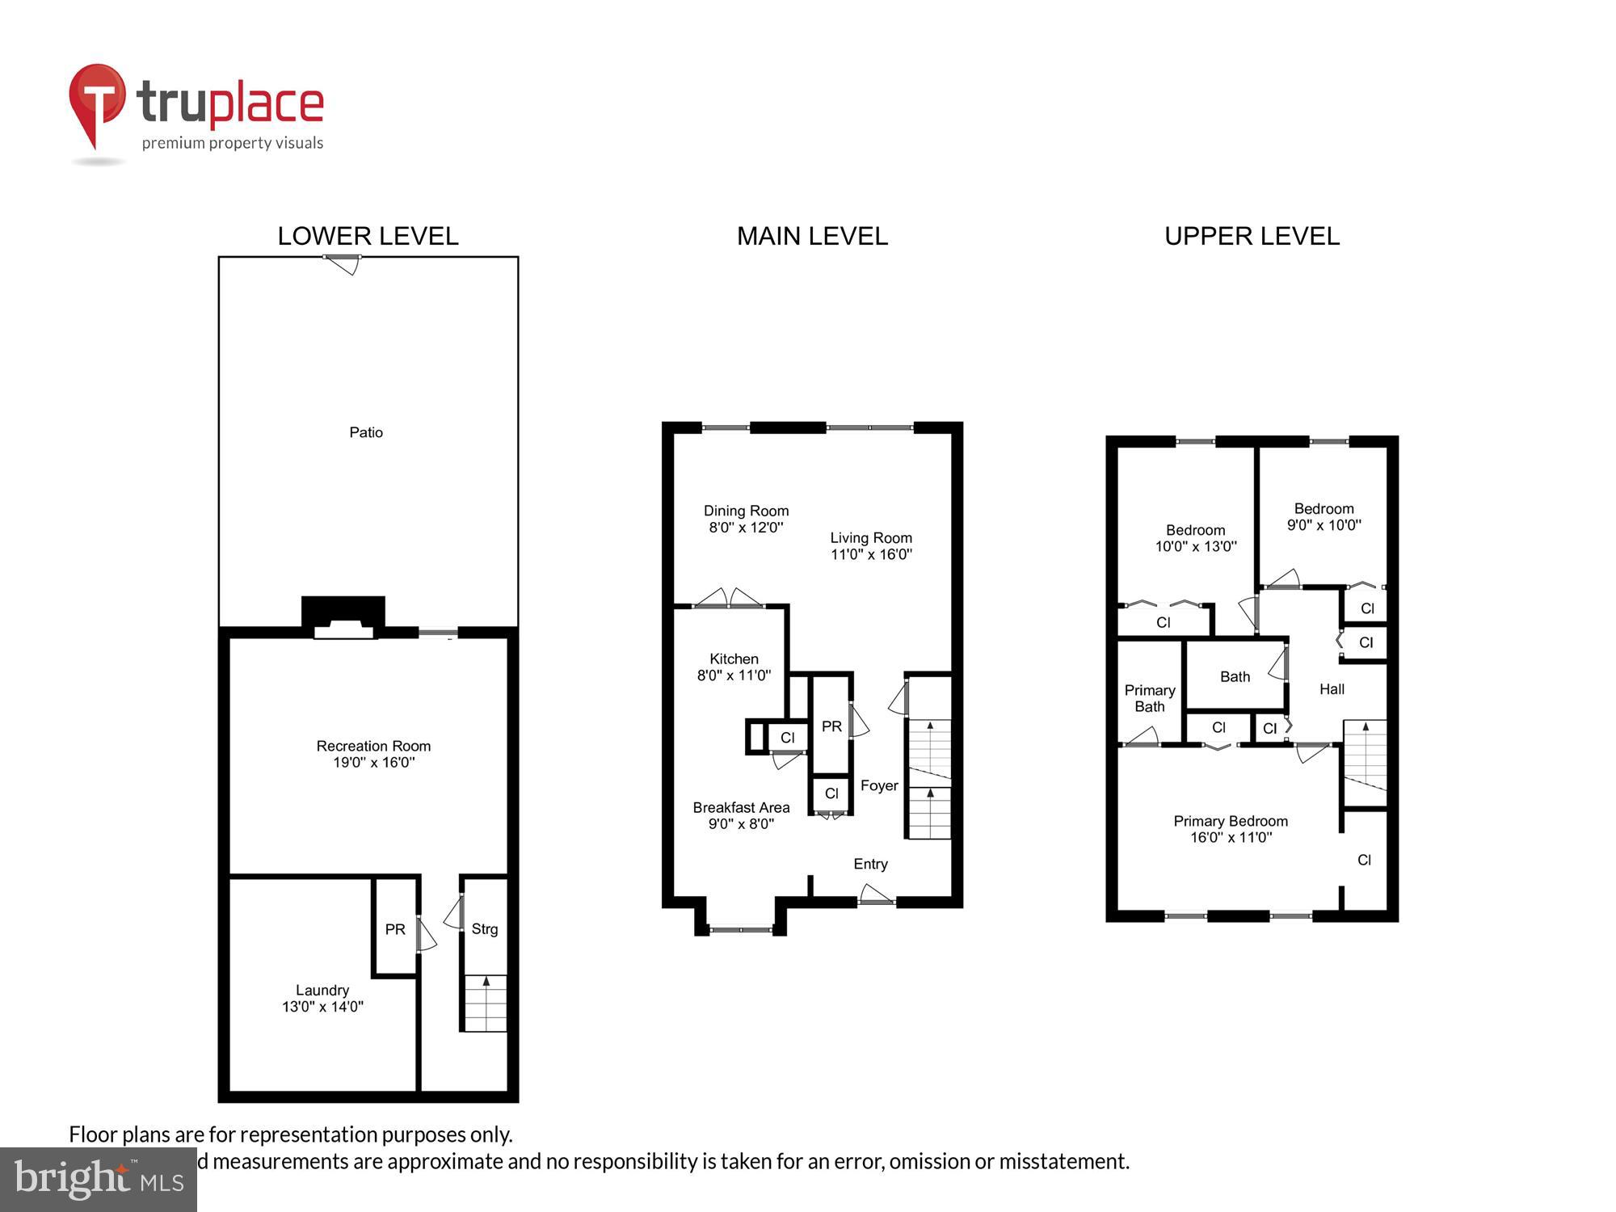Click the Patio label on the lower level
click(366, 432)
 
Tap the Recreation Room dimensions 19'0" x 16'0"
click(373, 763)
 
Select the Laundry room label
click(322, 990)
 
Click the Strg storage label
click(485, 929)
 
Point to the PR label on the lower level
click(395, 929)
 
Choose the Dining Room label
click(746, 511)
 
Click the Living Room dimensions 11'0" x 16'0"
click(871, 554)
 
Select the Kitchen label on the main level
click(734, 659)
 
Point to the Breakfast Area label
click(741, 807)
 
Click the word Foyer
click(879, 785)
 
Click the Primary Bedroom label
click(1231, 821)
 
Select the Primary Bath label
click(1150, 698)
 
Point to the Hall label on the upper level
click(1332, 689)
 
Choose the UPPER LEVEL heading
click(1252, 236)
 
